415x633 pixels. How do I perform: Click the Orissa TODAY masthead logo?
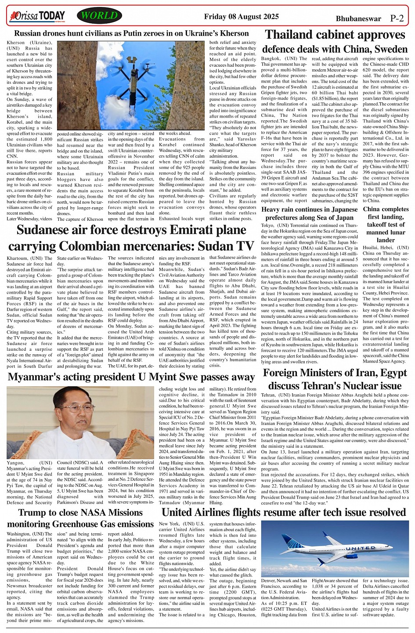click(x=37, y=17)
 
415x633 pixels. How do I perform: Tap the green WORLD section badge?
click(x=99, y=16)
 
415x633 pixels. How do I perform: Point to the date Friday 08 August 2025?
click(x=241, y=17)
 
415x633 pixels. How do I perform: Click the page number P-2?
click(x=397, y=18)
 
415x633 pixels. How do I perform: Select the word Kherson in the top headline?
click(x=234, y=33)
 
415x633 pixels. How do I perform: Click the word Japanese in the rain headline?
click(x=336, y=209)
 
